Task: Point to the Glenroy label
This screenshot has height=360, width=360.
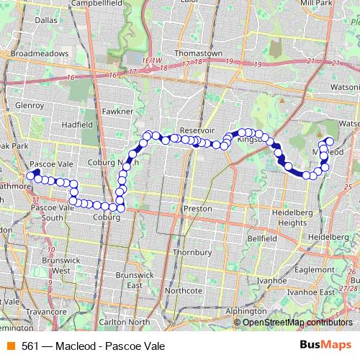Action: click(x=30, y=105)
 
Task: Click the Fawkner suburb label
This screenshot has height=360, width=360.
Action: click(x=117, y=112)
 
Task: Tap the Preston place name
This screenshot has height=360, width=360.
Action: click(x=197, y=209)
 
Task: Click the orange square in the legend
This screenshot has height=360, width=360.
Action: click(x=11, y=346)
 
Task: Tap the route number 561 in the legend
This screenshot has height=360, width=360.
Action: click(x=29, y=346)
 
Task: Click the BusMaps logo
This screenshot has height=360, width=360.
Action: click(x=325, y=346)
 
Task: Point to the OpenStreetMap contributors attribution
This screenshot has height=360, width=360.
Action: click(x=297, y=322)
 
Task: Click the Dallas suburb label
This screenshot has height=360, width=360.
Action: click(x=45, y=20)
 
